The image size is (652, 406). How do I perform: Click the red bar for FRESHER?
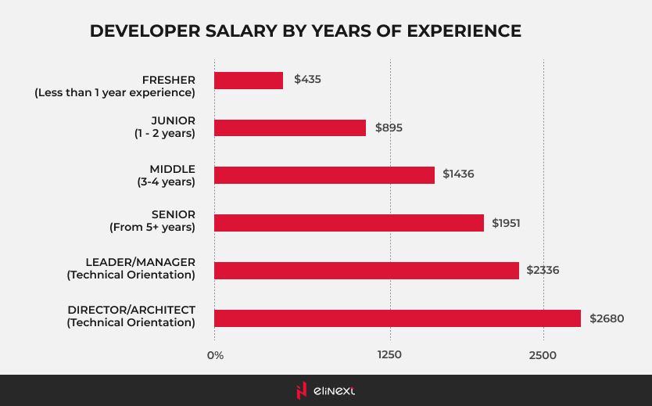click(248, 80)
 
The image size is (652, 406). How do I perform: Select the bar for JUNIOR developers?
click(289, 128)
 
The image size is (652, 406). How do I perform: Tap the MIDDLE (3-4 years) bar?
click(324, 175)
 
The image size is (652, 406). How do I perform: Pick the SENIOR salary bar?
click(349, 223)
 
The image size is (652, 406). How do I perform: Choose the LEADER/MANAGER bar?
click(366, 271)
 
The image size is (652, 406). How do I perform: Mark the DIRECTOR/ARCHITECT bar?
click(397, 318)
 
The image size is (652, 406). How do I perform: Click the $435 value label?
click(307, 80)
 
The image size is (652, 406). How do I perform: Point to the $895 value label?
click(389, 128)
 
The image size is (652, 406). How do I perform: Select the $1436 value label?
click(458, 174)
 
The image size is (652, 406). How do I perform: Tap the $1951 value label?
click(506, 223)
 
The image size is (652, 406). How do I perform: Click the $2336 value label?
click(543, 271)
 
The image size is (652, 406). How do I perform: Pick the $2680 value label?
click(607, 318)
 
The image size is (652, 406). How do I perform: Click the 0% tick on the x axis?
click(215, 356)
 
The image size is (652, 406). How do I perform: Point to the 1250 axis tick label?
click(389, 356)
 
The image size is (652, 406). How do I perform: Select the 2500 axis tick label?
click(543, 356)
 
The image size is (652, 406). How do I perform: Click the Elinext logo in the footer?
click(326, 390)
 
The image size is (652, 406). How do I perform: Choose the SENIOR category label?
click(174, 214)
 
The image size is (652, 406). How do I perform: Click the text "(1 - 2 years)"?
click(164, 134)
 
